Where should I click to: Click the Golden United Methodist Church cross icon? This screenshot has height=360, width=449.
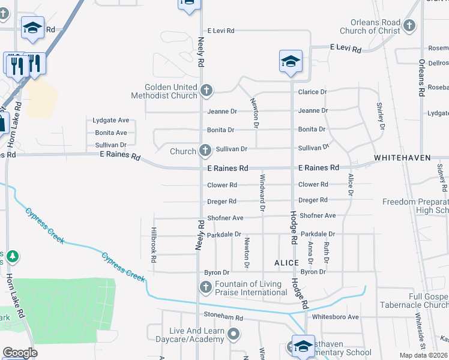[x=206, y=91]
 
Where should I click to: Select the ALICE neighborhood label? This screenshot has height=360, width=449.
[x=286, y=263]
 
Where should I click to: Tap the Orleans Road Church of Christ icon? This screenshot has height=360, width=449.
[x=409, y=26]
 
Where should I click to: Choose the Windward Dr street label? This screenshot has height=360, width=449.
[x=262, y=191]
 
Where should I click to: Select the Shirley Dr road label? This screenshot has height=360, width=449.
[x=380, y=112]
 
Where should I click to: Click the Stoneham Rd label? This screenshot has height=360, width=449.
[x=223, y=318]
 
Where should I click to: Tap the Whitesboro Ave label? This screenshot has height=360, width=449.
[x=335, y=317]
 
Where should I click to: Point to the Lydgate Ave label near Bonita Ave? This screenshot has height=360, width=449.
[x=111, y=120]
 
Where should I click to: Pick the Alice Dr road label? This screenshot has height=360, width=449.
[x=351, y=184]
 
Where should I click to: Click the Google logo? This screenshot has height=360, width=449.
[x=20, y=353]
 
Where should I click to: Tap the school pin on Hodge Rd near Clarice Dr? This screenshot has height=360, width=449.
[x=291, y=62]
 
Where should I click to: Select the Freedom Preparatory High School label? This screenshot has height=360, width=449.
[x=415, y=206]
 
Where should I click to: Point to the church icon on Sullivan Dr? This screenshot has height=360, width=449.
[x=205, y=151]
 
